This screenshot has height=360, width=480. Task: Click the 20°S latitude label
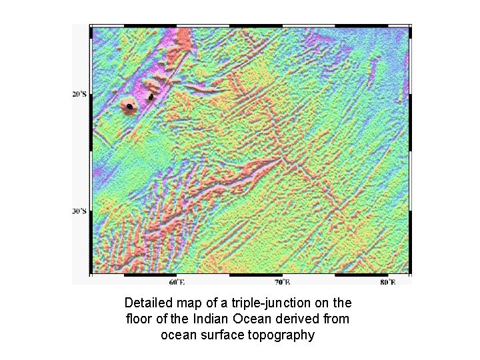click(78, 94)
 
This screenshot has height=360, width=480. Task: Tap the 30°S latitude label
click(78, 211)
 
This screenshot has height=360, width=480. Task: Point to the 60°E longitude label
click(176, 282)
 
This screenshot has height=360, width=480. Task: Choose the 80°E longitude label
click(388, 282)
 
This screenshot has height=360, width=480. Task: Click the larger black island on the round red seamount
click(128, 106)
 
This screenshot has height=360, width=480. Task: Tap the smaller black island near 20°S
click(151, 97)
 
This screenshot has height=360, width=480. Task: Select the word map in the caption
click(190, 301)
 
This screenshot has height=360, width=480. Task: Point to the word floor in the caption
click(140, 319)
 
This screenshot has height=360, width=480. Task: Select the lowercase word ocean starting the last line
click(177, 335)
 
